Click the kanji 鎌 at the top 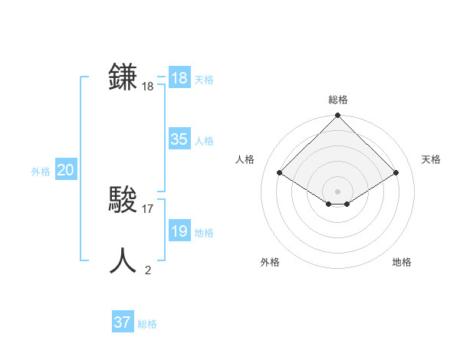tap(123, 77)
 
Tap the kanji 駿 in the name tap(123, 200)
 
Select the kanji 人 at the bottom tap(123, 260)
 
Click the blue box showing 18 tap(179, 78)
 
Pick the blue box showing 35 tap(179, 139)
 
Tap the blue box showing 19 tap(179, 231)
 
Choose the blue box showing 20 tap(65, 170)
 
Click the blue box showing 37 tap(123, 322)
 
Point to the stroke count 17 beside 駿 tap(148, 208)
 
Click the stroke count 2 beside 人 tap(148, 270)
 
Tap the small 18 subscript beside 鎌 tap(148, 87)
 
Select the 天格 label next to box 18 tap(204, 80)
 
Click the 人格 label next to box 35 tap(204, 141)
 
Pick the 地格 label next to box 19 tap(204, 233)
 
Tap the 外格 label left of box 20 tap(41, 172)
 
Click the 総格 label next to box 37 tap(147, 324)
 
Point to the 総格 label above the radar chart tap(337, 100)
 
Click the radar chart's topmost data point tap(337, 116)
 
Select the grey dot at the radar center tap(337, 191)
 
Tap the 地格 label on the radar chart tap(402, 262)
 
